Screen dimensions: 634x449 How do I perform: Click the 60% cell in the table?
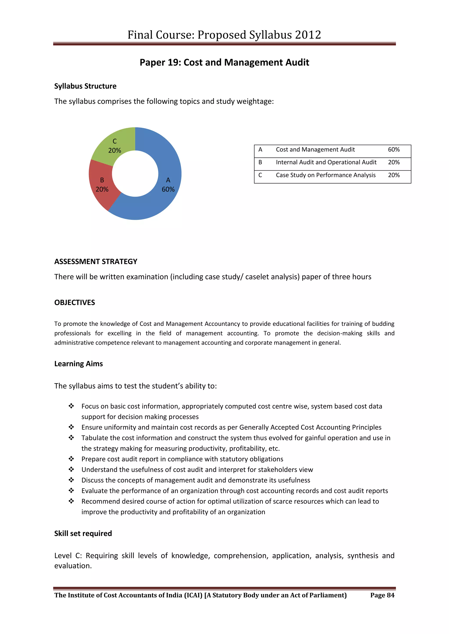394,150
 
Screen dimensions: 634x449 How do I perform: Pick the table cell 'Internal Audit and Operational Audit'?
326,162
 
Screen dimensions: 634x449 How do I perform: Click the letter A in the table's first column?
260,150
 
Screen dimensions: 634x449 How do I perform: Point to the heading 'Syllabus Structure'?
85,86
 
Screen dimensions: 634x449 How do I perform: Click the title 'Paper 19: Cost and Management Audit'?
224,62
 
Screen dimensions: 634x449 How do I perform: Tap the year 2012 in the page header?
308,35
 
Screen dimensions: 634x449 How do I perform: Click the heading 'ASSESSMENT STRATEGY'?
96,261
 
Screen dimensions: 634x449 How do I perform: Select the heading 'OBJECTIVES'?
75,302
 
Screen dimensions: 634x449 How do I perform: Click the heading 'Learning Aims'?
78,364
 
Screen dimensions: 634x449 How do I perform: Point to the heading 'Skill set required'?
83,533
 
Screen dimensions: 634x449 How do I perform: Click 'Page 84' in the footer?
382,595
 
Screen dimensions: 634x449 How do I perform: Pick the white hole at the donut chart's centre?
135,174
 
